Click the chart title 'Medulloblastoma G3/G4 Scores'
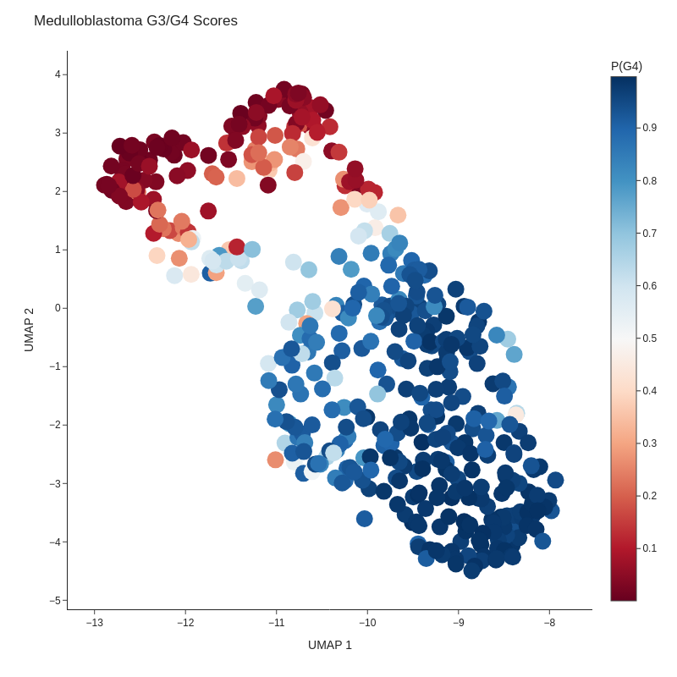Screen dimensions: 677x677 (x=135, y=21)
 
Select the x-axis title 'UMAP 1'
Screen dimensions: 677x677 (x=330, y=645)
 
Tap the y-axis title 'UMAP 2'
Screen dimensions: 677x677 (x=29, y=329)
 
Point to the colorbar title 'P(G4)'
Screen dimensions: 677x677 (x=626, y=66)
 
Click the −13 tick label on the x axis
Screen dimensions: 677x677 (x=95, y=623)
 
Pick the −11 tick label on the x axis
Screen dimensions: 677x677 (x=277, y=623)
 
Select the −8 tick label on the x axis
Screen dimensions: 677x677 (x=549, y=623)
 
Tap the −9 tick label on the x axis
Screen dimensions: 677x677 (x=459, y=623)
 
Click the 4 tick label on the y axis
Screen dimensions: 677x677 (x=58, y=74)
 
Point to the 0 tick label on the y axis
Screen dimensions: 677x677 (x=58, y=308)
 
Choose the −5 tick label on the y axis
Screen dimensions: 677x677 (x=55, y=601)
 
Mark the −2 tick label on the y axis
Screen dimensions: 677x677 (x=55, y=425)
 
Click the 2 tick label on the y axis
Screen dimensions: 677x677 (x=58, y=191)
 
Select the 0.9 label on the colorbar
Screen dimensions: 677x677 (x=649, y=128)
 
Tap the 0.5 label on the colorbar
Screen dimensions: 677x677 (x=649, y=338)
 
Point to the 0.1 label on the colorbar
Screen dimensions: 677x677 (x=649, y=548)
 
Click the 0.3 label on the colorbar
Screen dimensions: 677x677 (x=649, y=443)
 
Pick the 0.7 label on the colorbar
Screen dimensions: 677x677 (x=649, y=234)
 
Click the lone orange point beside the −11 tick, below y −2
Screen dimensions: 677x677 (x=276, y=460)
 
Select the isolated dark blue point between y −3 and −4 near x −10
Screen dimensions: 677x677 (x=365, y=519)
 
